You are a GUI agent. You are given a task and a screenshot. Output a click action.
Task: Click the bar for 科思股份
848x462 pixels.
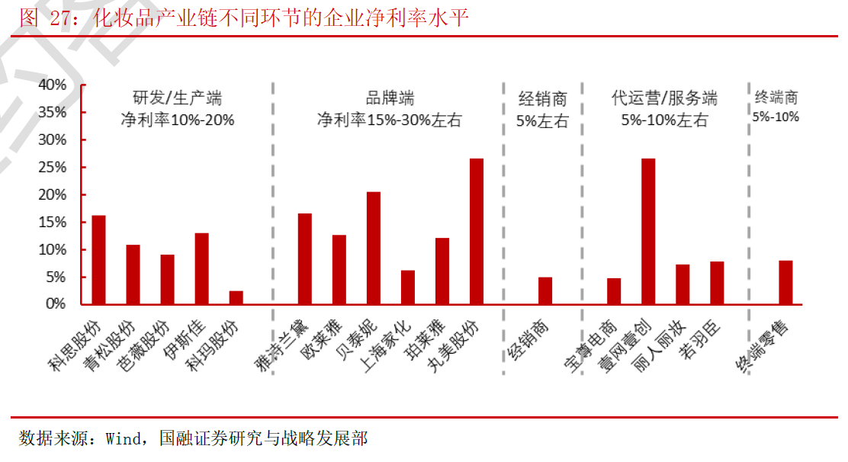pyautogui.click(x=98, y=259)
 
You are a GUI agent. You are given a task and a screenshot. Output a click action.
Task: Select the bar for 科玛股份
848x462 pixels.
pyautogui.click(x=236, y=297)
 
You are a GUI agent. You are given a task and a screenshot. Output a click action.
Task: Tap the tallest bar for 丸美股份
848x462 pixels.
pyautogui.click(x=477, y=231)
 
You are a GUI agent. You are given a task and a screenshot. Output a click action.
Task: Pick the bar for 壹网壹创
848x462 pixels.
pyautogui.click(x=648, y=231)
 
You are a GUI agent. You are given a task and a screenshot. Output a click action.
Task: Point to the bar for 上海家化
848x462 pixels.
pyautogui.click(x=408, y=287)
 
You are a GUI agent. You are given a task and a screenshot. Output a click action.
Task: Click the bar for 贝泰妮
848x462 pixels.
pyautogui.click(x=374, y=248)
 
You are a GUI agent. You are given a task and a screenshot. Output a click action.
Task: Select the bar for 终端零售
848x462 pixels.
pyautogui.click(x=785, y=282)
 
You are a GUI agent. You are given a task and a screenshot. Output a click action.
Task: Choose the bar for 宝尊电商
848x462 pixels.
pyautogui.click(x=614, y=290)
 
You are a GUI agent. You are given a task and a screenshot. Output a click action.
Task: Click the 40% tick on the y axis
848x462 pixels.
pyautogui.click(x=53, y=85)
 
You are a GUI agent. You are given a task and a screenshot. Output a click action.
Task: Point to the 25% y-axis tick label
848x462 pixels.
pyautogui.click(x=53, y=167)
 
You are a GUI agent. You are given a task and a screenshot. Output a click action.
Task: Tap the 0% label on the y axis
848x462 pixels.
pyautogui.click(x=57, y=304)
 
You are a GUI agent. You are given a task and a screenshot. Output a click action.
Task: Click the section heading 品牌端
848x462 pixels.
pyautogui.click(x=390, y=98)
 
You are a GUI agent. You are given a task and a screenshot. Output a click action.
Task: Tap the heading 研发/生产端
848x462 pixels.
pyautogui.click(x=177, y=98)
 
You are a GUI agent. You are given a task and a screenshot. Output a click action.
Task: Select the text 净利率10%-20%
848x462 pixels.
pyautogui.click(x=177, y=120)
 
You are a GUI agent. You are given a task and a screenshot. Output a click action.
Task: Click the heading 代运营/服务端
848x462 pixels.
pyautogui.click(x=664, y=98)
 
